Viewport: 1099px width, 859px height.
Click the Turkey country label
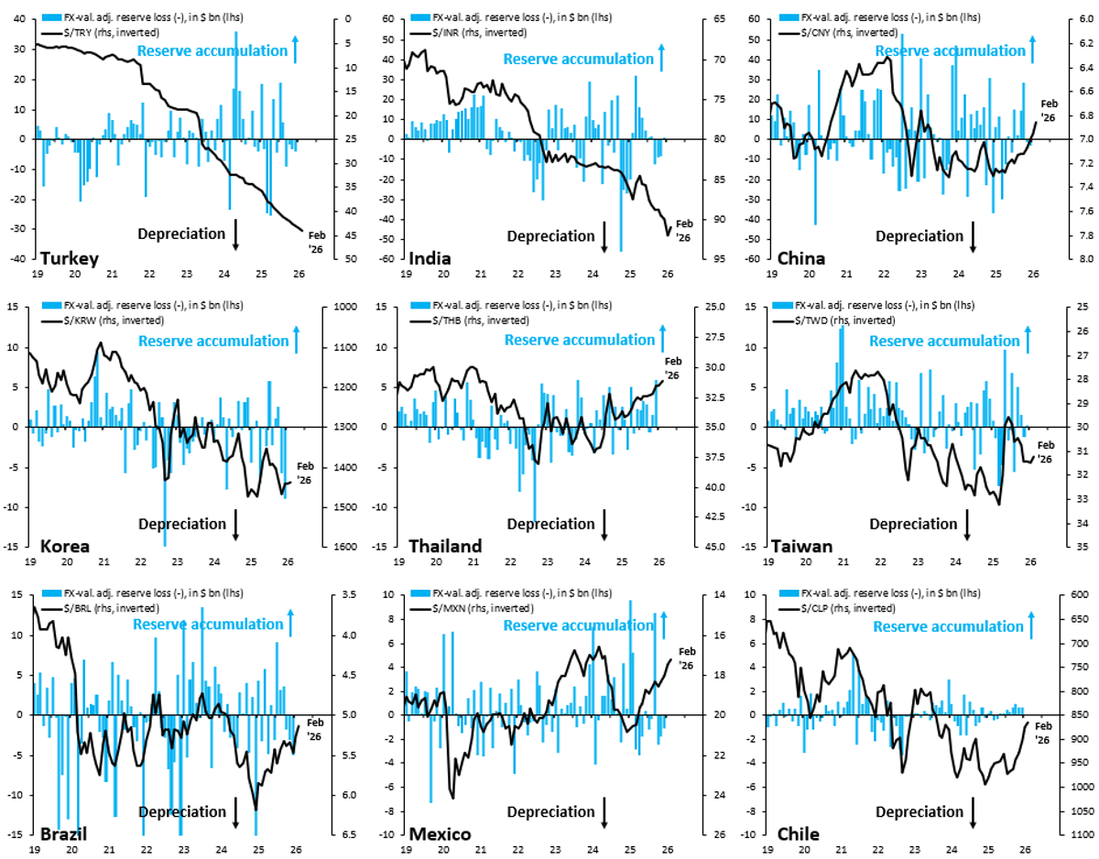(69, 258)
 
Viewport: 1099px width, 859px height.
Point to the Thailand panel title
(445, 547)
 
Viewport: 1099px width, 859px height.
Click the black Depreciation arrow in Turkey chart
(235, 234)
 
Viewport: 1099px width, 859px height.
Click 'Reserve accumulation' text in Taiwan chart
(943, 341)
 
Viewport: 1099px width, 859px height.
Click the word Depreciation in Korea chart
(181, 524)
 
